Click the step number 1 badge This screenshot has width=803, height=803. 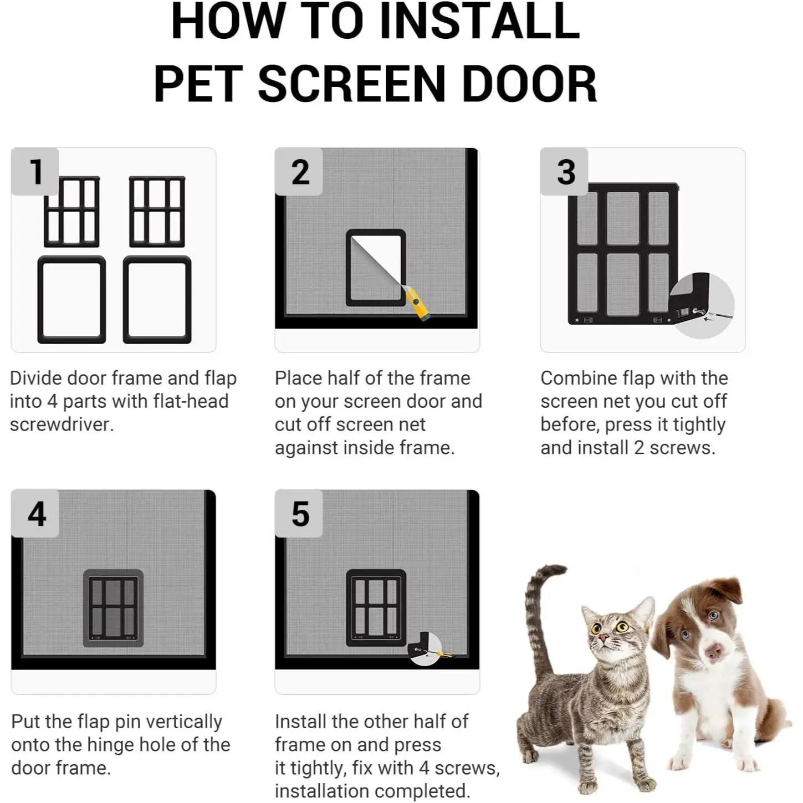[35, 171]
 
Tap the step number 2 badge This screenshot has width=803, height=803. [299, 171]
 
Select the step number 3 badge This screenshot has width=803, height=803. [564, 171]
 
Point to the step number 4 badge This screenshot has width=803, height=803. [35, 513]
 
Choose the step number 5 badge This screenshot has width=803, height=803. [299, 513]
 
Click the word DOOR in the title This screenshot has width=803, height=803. [530, 84]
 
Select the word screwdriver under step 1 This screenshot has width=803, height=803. [62, 424]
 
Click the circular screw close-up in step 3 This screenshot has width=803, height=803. [702, 305]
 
